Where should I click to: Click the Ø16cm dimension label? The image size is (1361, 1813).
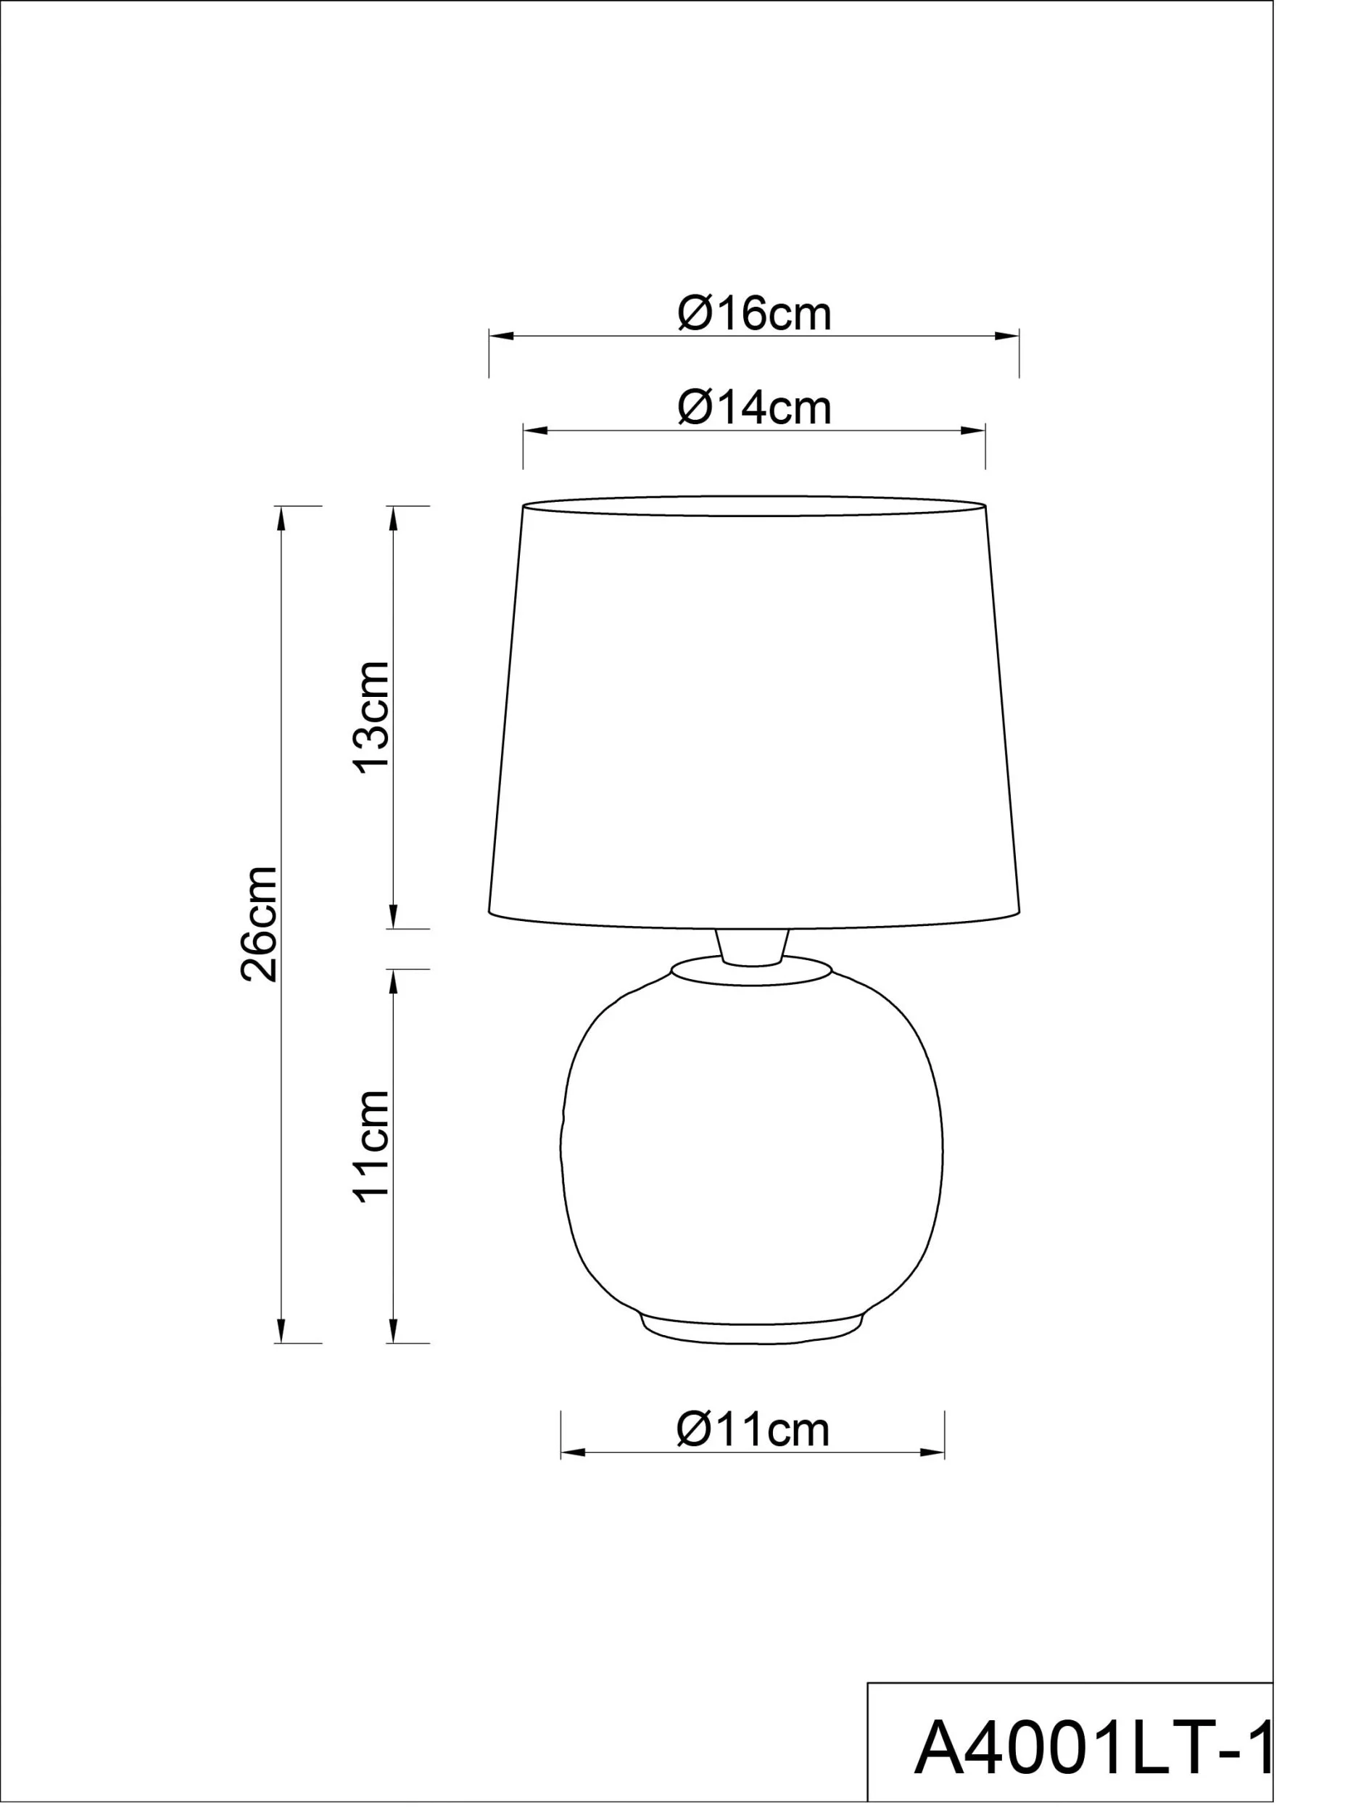tap(754, 313)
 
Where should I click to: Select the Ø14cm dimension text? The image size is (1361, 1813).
tap(754, 408)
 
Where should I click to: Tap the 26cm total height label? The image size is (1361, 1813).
tap(259, 923)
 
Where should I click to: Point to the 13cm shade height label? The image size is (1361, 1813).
tap(371, 716)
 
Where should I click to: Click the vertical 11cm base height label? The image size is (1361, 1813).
tap(371, 1147)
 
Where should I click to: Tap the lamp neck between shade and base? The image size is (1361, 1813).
tap(752, 948)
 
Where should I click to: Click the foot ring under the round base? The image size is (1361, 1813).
tap(752, 1333)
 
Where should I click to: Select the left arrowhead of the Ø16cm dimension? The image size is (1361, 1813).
tap(502, 336)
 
